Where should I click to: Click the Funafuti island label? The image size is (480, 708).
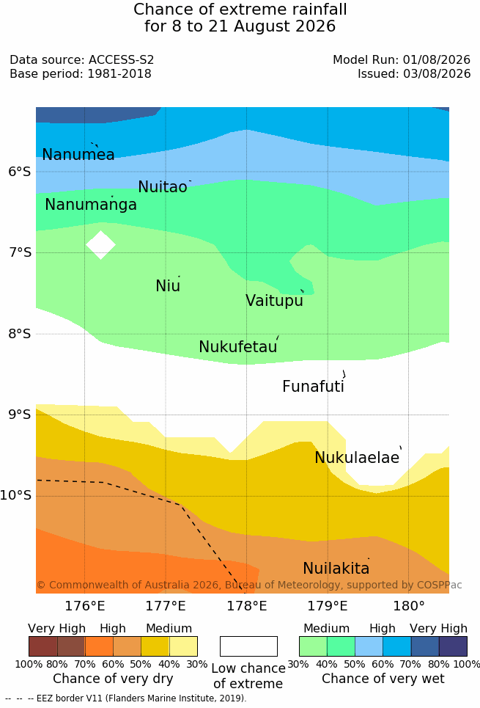tap(313, 387)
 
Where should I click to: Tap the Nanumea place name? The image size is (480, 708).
tap(78, 154)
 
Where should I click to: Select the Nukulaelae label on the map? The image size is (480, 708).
tap(357, 457)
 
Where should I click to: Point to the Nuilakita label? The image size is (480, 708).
tap(336, 568)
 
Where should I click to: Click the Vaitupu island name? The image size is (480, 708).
tap(274, 301)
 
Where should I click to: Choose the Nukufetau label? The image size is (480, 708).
tap(237, 347)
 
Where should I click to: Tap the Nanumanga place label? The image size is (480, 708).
tap(91, 205)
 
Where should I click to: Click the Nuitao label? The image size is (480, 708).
tap(163, 186)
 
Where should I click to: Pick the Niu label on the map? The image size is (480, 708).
tap(168, 286)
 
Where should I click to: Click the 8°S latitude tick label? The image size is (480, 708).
tap(20, 334)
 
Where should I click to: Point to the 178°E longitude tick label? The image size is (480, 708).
tap(247, 605)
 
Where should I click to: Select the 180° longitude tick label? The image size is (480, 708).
tap(409, 605)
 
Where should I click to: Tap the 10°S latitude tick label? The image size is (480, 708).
tap(16, 495)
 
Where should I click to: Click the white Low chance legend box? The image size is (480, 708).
tap(248, 646)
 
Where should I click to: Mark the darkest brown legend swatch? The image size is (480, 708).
tap(43, 646)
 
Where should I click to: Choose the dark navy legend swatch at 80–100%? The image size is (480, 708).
tap(453, 646)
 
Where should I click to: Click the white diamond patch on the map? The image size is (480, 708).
tap(100, 245)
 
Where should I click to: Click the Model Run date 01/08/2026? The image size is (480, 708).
tap(437, 59)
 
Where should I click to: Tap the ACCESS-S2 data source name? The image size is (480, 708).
tap(122, 59)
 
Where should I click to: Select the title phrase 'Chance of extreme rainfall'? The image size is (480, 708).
tap(240, 9)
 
